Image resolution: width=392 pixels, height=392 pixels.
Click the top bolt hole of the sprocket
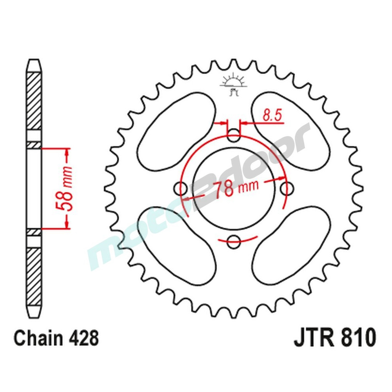point(234,136)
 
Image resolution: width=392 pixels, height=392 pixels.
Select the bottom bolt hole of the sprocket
point(234,241)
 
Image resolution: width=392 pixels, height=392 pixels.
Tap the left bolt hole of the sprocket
point(181,189)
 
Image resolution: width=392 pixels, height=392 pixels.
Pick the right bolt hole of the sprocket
point(288,189)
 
